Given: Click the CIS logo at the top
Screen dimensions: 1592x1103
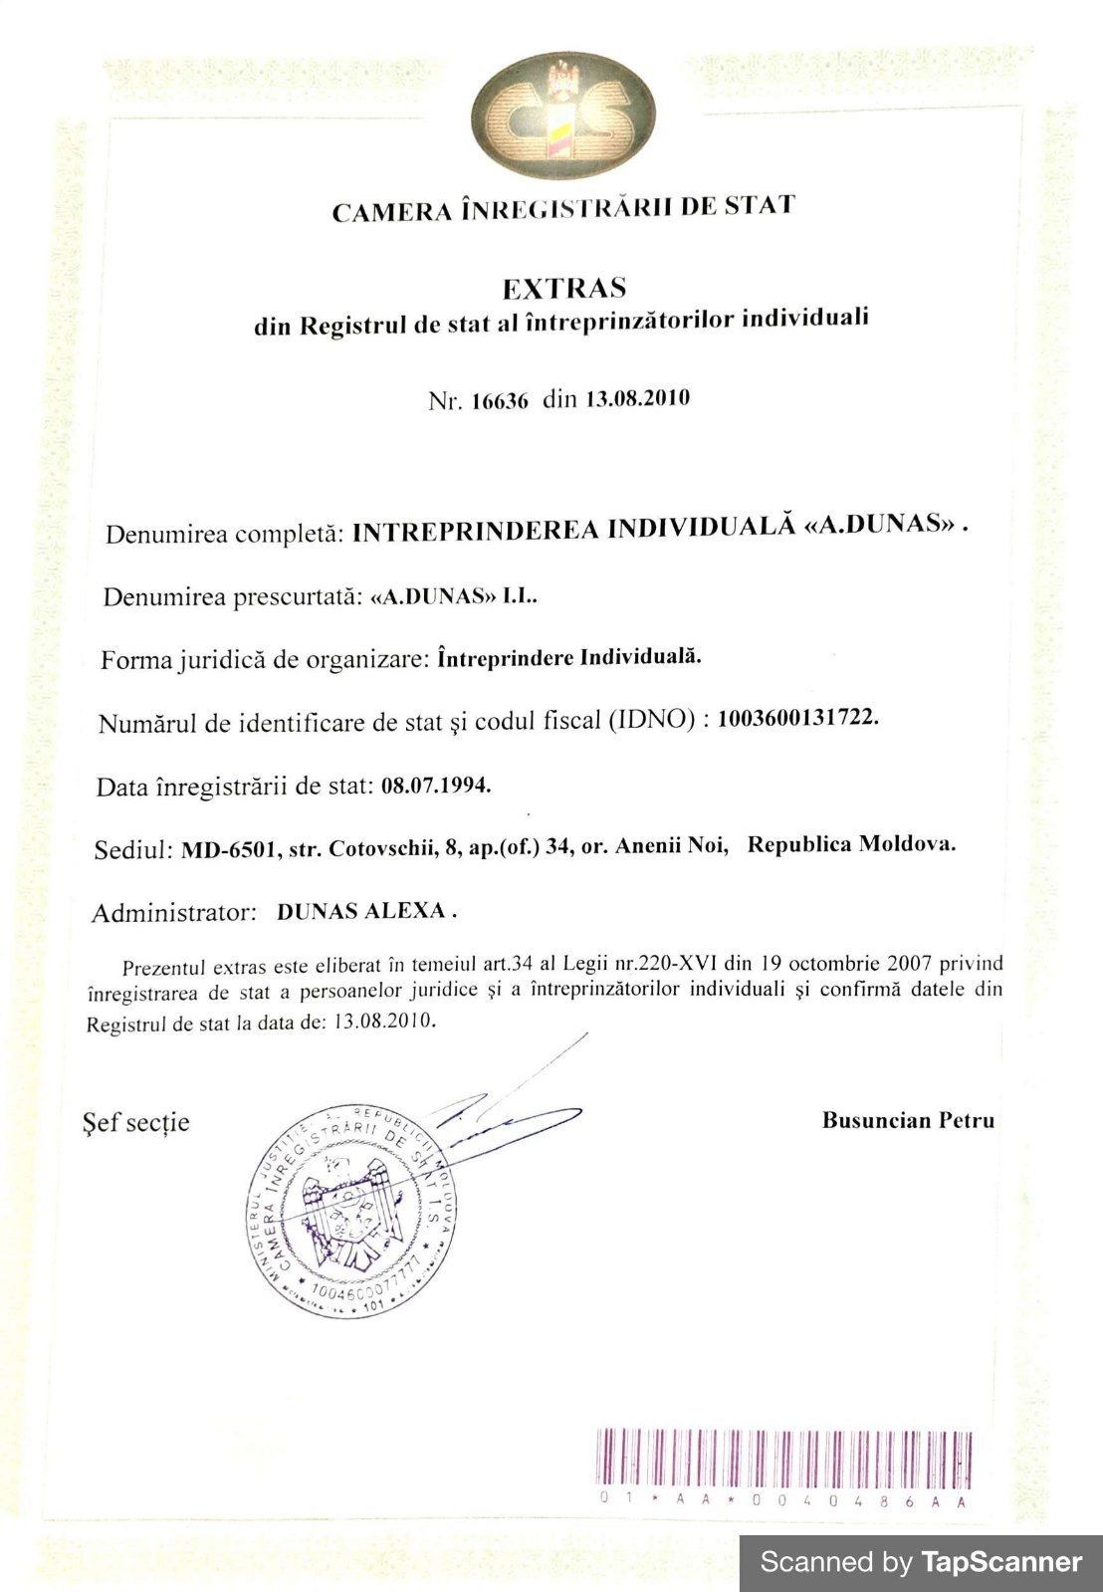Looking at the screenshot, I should pyautogui.click(x=564, y=117).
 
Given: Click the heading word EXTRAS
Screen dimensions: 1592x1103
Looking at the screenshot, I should pyautogui.click(x=563, y=289).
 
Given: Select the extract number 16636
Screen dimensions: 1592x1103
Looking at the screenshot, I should pyautogui.click(x=500, y=401).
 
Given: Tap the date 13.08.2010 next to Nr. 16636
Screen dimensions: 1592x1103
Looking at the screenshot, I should pyautogui.click(x=637, y=399).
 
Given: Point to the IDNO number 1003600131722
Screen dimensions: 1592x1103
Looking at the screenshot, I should pyautogui.click(x=797, y=719).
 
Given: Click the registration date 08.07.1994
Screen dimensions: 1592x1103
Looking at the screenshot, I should pyautogui.click(x=436, y=785).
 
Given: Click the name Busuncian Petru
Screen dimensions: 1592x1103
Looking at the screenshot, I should pyautogui.click(x=908, y=1121).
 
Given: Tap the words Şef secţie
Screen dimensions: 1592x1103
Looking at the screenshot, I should pyautogui.click(x=135, y=1123).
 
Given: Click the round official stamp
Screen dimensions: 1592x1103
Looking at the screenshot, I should pyautogui.click(x=351, y=1211).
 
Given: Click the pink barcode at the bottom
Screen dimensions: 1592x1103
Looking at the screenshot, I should pyautogui.click(x=782, y=1459).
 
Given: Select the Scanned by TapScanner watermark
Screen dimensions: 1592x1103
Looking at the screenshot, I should pyautogui.click(x=920, y=1562).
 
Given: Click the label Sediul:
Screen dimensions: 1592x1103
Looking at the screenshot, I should pyautogui.click(x=134, y=851).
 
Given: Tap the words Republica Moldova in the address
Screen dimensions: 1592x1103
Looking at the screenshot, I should pyautogui.click(x=851, y=844).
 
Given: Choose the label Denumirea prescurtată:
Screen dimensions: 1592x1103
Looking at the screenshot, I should pyautogui.click(x=232, y=597).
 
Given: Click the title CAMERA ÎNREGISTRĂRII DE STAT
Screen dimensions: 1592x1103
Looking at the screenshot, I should pyautogui.click(x=563, y=209).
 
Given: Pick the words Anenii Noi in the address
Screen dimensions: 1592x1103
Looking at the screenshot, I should pyautogui.click(x=672, y=846).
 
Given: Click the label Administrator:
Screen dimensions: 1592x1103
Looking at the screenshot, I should pyautogui.click(x=174, y=913).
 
